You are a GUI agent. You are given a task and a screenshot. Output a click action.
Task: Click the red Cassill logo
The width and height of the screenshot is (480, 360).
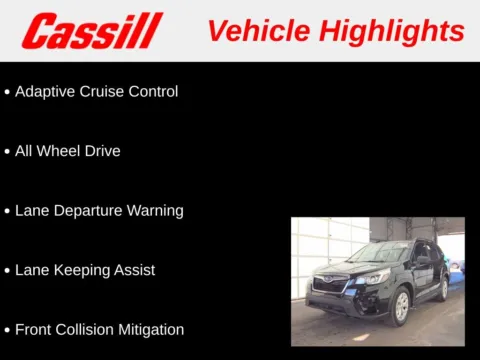(92, 31)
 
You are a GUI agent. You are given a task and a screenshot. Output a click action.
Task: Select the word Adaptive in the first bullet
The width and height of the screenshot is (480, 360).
(46, 91)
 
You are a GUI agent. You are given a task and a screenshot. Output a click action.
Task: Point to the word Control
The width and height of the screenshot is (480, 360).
(156, 91)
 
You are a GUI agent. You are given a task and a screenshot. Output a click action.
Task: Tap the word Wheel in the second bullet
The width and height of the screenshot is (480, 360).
(62, 151)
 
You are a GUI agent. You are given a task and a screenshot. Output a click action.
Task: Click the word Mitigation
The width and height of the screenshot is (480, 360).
(154, 329)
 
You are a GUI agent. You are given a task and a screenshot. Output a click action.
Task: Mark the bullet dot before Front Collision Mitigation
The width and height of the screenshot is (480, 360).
(7, 330)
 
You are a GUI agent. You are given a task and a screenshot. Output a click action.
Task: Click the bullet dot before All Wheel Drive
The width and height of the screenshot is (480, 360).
(7, 152)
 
